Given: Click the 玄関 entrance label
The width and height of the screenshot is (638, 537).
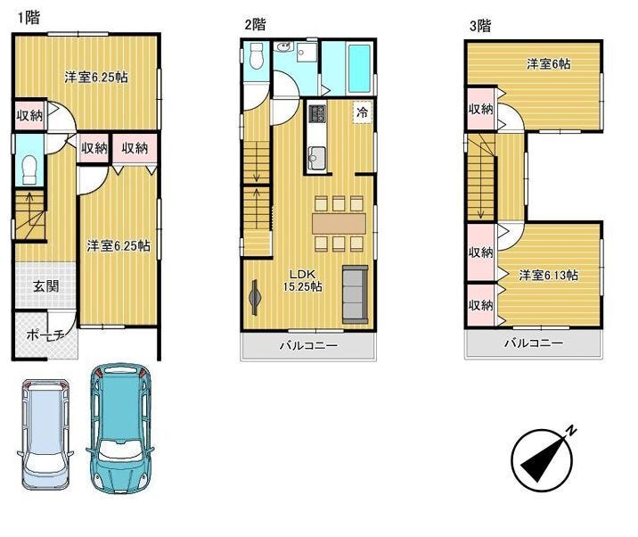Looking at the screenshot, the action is click(x=46, y=286).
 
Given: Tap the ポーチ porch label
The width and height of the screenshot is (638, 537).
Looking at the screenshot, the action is click(x=45, y=335).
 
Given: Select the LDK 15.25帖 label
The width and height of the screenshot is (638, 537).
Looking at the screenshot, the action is click(x=302, y=280).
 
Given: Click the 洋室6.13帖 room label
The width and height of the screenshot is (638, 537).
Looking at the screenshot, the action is click(x=548, y=275).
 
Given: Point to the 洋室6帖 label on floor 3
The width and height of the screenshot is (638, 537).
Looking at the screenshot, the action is click(x=548, y=64).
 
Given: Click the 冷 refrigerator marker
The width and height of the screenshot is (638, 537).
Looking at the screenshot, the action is click(x=362, y=112).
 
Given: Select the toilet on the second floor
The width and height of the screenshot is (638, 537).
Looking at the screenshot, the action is click(x=257, y=56).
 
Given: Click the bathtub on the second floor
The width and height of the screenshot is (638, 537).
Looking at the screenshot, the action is click(x=359, y=69).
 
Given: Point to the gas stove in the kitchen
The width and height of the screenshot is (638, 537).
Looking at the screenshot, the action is click(x=317, y=113).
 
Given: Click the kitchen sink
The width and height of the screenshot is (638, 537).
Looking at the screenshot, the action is click(x=316, y=156).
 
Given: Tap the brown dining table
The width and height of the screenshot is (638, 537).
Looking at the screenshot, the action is click(x=339, y=224).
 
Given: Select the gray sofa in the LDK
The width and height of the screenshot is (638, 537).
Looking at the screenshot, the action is click(x=356, y=294).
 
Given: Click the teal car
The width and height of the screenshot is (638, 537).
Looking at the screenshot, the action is click(x=120, y=428).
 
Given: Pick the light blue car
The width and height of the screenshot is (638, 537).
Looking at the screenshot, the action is click(x=45, y=434).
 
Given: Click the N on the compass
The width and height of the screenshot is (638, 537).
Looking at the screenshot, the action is click(x=572, y=430).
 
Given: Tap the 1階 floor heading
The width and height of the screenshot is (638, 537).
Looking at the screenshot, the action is click(x=29, y=18).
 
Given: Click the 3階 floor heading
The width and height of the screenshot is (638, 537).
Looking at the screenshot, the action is click(x=480, y=26).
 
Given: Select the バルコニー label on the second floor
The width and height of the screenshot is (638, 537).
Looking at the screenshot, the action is click(x=308, y=346).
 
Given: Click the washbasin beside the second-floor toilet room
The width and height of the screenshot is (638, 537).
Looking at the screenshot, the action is click(x=283, y=47).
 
